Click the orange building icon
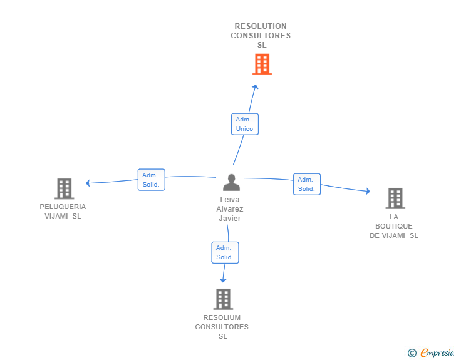[x=262, y=64]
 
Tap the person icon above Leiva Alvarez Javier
[x=232, y=182]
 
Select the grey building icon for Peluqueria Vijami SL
[x=65, y=188]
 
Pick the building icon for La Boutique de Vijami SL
[x=395, y=198]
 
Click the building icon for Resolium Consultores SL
[x=223, y=299]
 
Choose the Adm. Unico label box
[x=245, y=124]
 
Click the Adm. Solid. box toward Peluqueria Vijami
[x=151, y=180]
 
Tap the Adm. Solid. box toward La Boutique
[x=307, y=184]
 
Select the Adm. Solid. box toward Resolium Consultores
[x=225, y=253]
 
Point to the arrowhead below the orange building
[x=255, y=86]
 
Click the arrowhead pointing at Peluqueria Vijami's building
[x=88, y=183]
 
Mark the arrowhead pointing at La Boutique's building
[x=368, y=191]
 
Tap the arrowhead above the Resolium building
[x=223, y=280]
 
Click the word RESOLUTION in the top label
[x=261, y=26]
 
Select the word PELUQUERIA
[x=63, y=207]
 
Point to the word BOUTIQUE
[x=394, y=226]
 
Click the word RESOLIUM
[x=222, y=317]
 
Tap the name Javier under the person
[x=230, y=219]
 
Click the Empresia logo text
[x=437, y=353]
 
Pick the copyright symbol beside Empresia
[x=412, y=353]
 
